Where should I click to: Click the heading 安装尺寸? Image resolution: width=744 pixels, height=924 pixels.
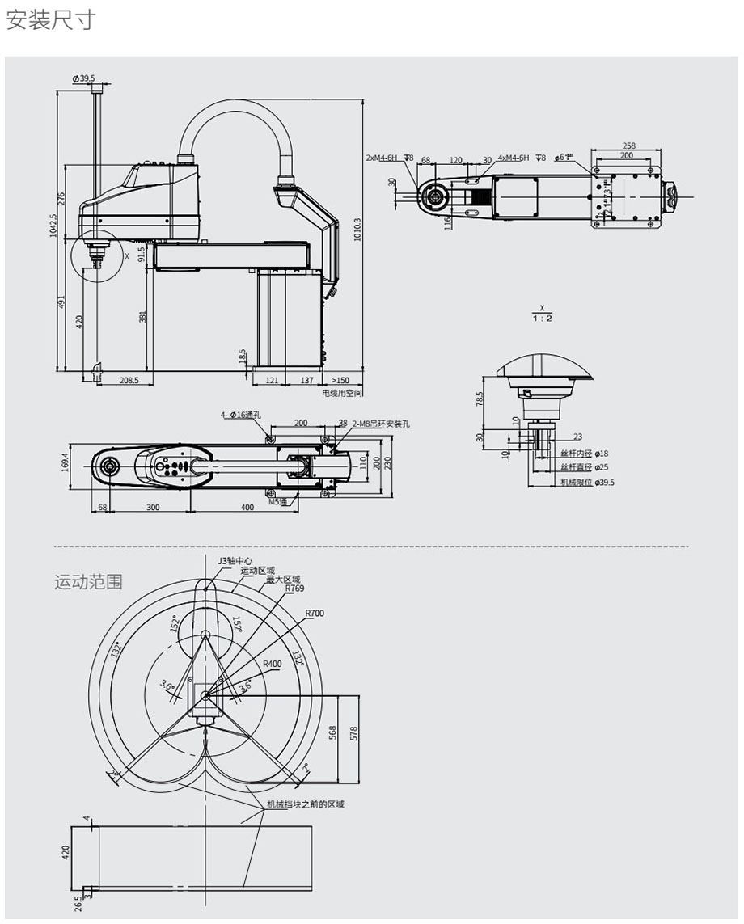(51, 20)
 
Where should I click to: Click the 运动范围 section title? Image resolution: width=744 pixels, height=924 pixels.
(88, 581)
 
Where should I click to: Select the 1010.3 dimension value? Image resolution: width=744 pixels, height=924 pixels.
(357, 230)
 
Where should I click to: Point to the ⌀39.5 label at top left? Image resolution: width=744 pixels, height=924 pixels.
(83, 78)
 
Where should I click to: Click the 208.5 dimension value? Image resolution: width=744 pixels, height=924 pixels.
(129, 379)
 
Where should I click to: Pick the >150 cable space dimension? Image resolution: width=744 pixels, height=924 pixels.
(340, 379)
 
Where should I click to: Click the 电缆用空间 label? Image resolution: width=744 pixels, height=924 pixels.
(341, 392)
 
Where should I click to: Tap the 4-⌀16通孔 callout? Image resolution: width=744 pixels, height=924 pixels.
(241, 415)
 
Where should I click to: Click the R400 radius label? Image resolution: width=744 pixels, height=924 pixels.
(272, 664)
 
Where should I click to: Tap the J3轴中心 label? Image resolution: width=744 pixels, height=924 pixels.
(235, 560)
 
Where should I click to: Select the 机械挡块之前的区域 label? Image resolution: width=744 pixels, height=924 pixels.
(305, 804)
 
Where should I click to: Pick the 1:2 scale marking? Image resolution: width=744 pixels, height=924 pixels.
(542, 318)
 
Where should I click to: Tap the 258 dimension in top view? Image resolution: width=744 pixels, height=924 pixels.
(628, 146)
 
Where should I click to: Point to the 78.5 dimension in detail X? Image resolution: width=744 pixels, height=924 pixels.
(480, 400)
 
